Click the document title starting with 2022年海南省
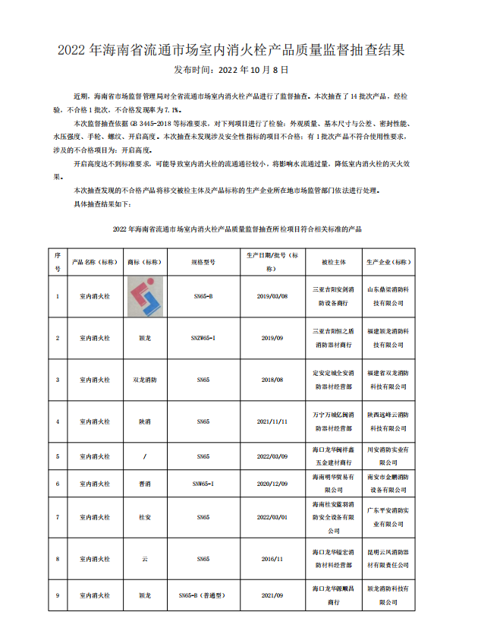pyautogui.click(x=240, y=51)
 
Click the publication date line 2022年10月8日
pyautogui.click(x=231, y=70)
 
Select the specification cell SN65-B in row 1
pyautogui.click(x=203, y=296)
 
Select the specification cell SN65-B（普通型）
pyautogui.click(x=203, y=596)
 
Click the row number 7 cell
pyautogui.click(x=58, y=517)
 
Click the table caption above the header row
pyautogui.click(x=237, y=229)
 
